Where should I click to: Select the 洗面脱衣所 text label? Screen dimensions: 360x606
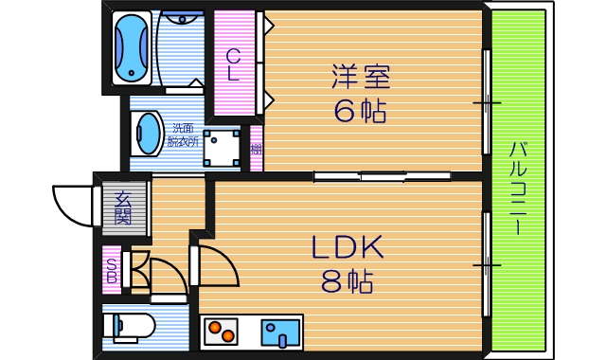(x=184, y=135)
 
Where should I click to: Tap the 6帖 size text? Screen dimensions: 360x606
(x=360, y=112)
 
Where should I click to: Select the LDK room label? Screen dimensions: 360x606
(x=348, y=248)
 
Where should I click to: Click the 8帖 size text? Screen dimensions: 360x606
(x=347, y=281)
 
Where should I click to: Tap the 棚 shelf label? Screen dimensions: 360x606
(x=256, y=149)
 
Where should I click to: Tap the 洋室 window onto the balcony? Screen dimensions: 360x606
(x=486, y=100)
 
